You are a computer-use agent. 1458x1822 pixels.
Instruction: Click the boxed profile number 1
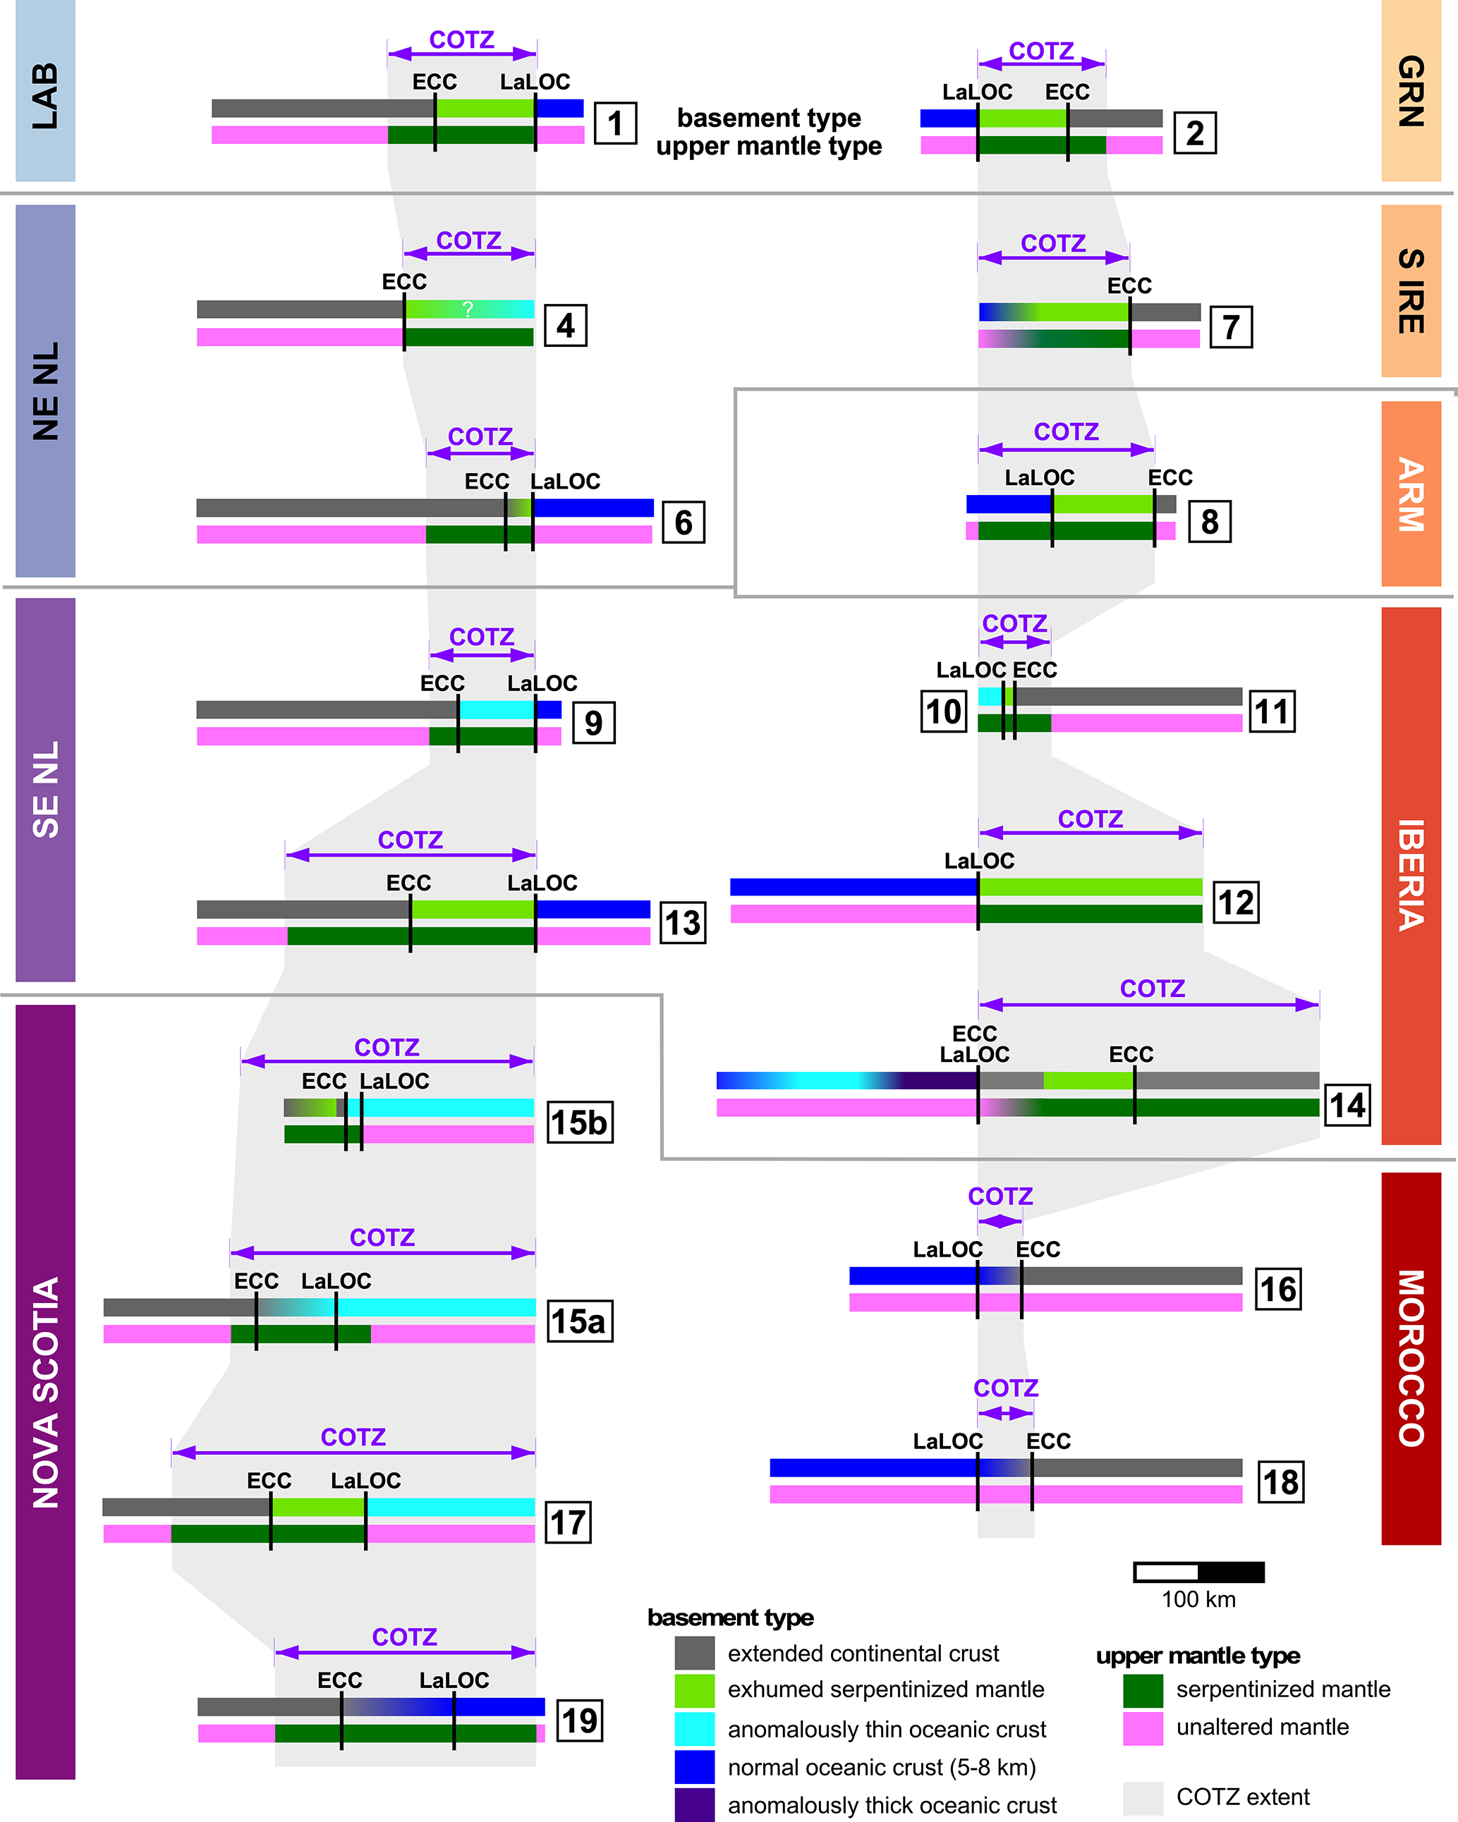(x=614, y=123)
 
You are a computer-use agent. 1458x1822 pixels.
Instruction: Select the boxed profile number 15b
(x=580, y=1123)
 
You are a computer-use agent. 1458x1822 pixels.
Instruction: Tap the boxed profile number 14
(x=1347, y=1104)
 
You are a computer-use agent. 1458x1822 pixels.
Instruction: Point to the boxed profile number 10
(x=943, y=711)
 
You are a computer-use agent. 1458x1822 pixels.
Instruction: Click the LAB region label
(x=45, y=94)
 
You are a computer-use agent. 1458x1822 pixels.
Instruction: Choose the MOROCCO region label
(x=1411, y=1358)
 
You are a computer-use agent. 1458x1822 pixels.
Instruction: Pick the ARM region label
(x=1411, y=494)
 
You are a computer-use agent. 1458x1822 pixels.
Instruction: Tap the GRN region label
(x=1411, y=90)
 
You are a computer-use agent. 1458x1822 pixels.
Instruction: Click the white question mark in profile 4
(x=468, y=310)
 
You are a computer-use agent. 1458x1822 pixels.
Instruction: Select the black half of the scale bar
(x=1231, y=1572)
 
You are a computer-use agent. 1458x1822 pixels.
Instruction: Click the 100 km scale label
(x=1198, y=1600)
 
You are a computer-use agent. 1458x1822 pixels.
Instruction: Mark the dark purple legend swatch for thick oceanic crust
(x=695, y=1804)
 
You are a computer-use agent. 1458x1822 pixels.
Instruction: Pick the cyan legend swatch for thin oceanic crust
(x=695, y=1728)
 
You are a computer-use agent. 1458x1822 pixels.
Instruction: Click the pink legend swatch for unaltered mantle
(x=1143, y=1728)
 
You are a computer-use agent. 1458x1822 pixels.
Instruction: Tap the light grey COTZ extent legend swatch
(x=1143, y=1797)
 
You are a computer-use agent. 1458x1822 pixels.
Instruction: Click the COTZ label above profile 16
(x=1000, y=1197)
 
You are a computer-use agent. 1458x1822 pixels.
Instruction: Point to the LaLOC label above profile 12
(x=979, y=861)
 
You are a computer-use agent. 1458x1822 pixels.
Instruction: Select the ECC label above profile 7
(x=1129, y=286)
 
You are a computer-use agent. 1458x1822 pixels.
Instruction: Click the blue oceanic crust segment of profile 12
(x=853, y=886)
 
